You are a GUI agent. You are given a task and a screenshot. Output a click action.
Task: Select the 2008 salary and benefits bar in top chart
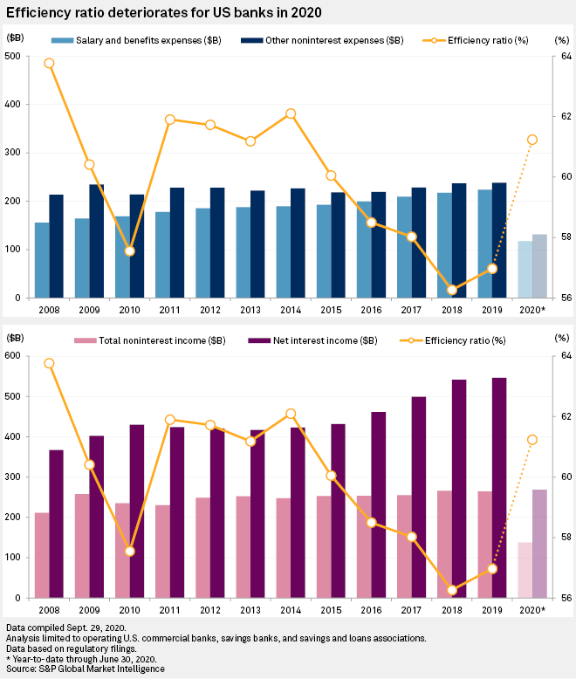coord(42,260)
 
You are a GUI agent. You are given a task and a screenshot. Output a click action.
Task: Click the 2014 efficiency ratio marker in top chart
coord(291,113)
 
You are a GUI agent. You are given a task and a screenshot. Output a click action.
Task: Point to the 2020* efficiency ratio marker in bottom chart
coord(532,439)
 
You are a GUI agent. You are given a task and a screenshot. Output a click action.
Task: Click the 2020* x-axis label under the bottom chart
coord(532,609)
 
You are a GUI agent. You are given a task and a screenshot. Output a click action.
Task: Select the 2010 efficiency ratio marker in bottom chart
coord(130,552)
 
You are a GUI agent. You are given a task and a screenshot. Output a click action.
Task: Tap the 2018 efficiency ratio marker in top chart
coord(452,290)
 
